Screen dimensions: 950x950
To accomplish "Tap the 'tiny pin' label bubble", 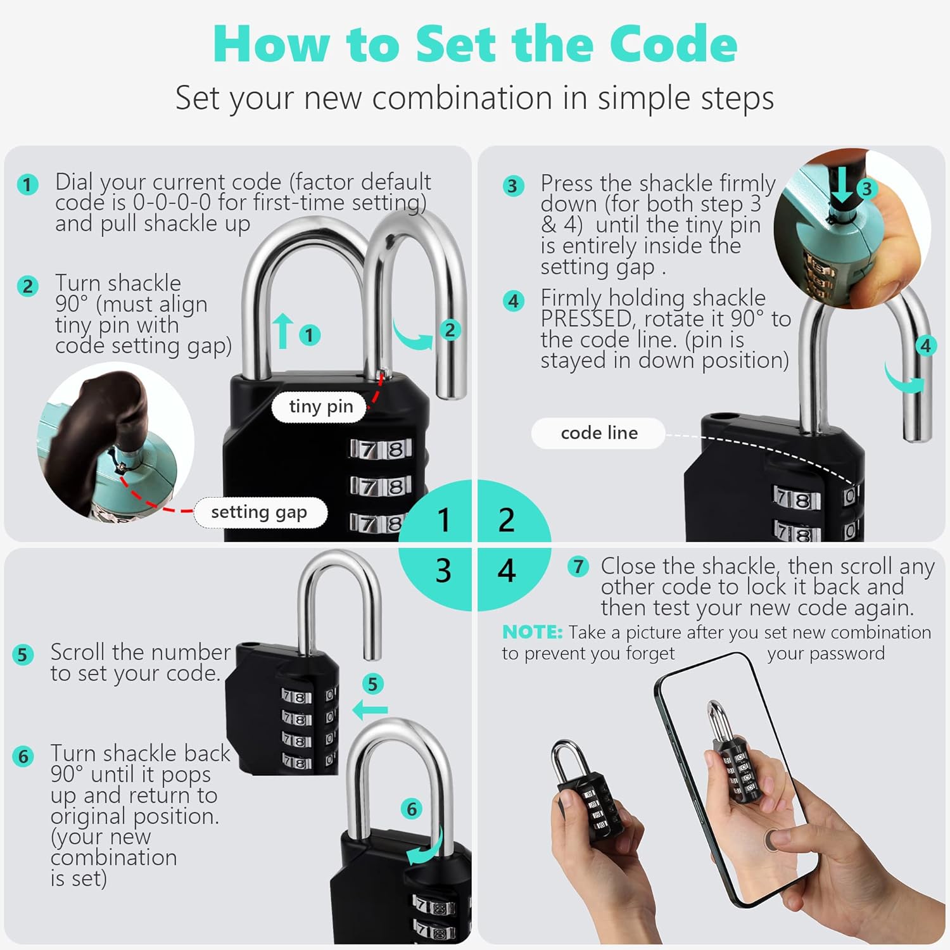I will (x=320, y=407).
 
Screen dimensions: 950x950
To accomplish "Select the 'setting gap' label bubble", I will (x=259, y=512).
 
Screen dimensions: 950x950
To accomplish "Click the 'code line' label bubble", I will (x=598, y=433).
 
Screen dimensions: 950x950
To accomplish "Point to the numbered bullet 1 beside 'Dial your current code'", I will (x=27, y=185).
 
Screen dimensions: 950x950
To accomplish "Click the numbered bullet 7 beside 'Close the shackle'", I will (x=578, y=566).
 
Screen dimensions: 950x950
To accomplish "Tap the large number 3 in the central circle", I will (x=443, y=571).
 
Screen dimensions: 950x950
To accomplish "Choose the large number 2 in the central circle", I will (x=506, y=520).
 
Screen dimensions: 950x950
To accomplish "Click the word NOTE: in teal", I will (x=532, y=632).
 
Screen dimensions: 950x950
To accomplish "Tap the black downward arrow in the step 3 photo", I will (x=842, y=185).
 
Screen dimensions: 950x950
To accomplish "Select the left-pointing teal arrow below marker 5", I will (x=370, y=709).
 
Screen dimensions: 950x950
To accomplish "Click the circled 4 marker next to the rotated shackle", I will (x=925, y=346).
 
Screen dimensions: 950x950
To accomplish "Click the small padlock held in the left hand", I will (x=584, y=792).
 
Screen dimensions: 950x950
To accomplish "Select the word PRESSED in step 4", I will (x=586, y=319).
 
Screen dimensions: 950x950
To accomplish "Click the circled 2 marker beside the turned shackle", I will (x=450, y=330).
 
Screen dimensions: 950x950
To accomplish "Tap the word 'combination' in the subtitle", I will (x=462, y=98).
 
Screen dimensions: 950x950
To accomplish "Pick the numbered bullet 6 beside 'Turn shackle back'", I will (x=23, y=756).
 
